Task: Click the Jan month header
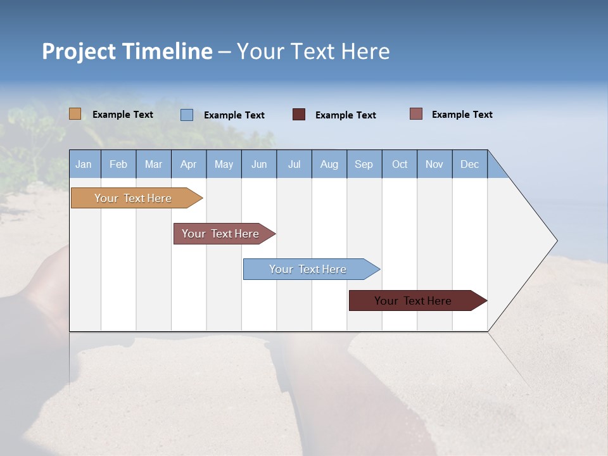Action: point(84,164)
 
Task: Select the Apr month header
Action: point(189,164)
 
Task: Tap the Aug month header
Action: point(329,164)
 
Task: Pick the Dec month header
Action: point(470,164)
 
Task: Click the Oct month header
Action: point(400,164)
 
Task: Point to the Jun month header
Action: point(259,164)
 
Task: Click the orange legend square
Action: point(75,114)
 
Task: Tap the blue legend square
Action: point(187,115)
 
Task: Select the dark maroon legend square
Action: point(299,115)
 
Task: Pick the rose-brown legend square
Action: point(416,114)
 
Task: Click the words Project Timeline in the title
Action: point(127,51)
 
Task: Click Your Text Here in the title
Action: point(313,51)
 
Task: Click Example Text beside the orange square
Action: point(123,115)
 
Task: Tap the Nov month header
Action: point(434,164)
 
